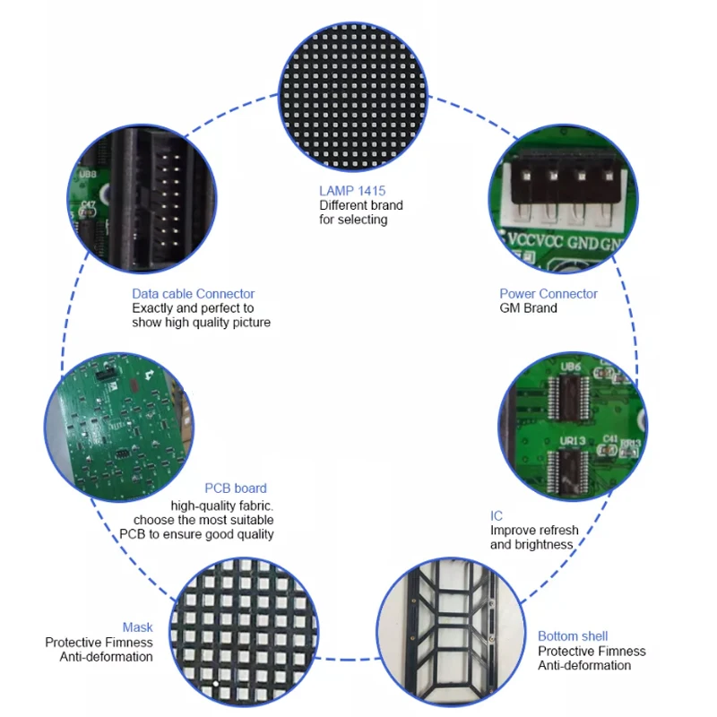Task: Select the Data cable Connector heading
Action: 193,293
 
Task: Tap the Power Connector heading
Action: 548,293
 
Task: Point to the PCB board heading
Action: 236,488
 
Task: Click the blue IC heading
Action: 497,515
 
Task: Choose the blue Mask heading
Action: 137,627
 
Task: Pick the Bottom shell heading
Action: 573,635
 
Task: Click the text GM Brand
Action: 528,307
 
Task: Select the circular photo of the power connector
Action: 564,202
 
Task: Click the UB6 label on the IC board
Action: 572,367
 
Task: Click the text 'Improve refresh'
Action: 534,530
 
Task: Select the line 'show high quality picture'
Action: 201,322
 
